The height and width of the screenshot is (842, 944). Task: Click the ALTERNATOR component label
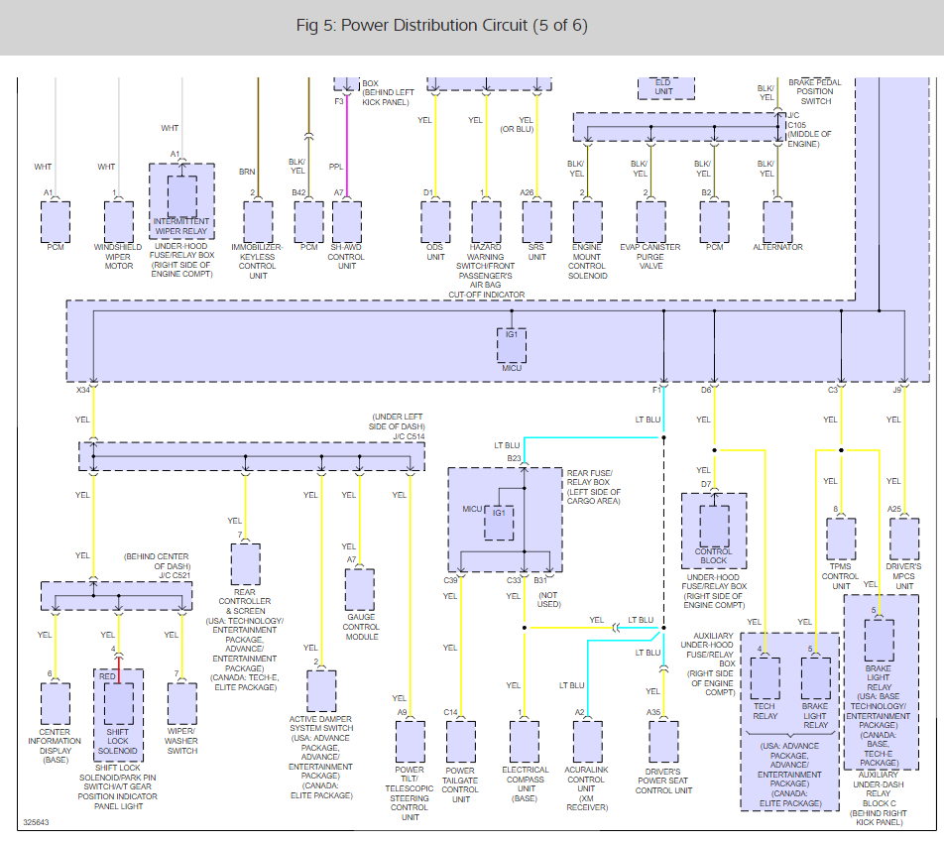pos(777,247)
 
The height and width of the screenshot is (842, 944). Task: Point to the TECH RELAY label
pos(765,715)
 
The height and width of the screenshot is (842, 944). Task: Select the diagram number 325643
pos(36,823)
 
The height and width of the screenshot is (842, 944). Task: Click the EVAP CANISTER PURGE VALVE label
pos(650,257)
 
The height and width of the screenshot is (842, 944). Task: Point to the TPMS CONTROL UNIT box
pos(841,540)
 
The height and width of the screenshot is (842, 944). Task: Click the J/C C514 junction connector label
pos(409,435)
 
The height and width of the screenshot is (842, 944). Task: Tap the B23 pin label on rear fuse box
pos(514,458)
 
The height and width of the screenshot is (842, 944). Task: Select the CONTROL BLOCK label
pos(713,555)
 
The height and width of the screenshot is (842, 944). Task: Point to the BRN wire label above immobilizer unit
pos(247,171)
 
